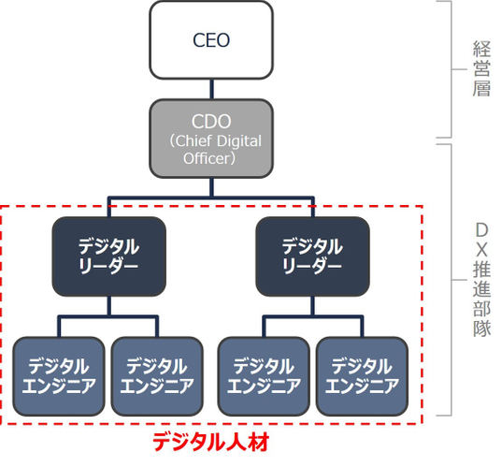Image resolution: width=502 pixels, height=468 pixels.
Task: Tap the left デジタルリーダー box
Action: pyautogui.click(x=109, y=256)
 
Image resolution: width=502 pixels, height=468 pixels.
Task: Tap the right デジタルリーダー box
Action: pyautogui.click(x=312, y=256)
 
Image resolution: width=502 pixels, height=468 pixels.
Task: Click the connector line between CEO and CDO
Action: pyautogui.click(x=211, y=89)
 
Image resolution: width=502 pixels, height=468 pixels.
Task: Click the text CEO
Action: pyautogui.click(x=211, y=40)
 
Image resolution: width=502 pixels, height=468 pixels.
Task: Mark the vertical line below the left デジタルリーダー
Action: pyautogui.click(x=109, y=306)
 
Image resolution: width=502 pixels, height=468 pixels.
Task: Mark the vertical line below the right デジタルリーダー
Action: pyautogui.click(x=312, y=306)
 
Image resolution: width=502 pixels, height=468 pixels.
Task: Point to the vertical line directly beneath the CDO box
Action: pyautogui.click(x=211, y=188)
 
